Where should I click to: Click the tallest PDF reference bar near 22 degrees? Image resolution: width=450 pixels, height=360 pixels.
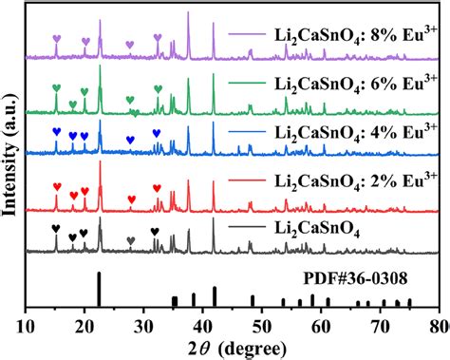tap(99, 289)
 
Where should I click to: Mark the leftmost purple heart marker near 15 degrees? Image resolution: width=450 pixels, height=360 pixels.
tap(56, 39)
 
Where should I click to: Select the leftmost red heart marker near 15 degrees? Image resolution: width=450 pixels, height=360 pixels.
tap(56, 187)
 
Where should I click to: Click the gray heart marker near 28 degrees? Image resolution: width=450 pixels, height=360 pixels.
tap(131, 241)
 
